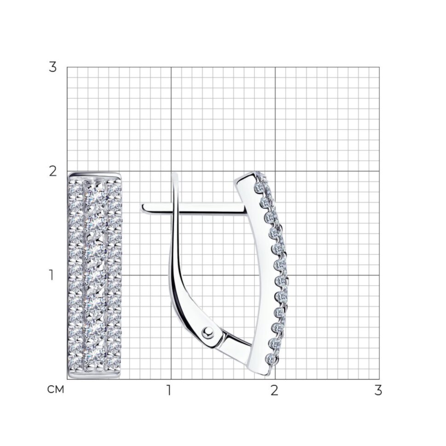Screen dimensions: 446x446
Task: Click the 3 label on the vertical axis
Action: click(53, 68)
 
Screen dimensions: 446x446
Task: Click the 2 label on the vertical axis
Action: click(53, 172)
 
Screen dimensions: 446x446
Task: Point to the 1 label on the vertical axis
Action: click(51, 275)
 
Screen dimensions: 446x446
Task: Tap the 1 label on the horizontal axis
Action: click(169, 390)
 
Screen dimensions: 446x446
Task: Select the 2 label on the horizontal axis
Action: click(274, 390)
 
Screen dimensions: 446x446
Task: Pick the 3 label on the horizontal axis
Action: click(378, 390)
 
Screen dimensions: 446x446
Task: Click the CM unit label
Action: click(56, 390)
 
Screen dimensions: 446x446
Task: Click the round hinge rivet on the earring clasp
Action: click(208, 332)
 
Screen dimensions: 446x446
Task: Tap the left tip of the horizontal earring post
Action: click(142, 208)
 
